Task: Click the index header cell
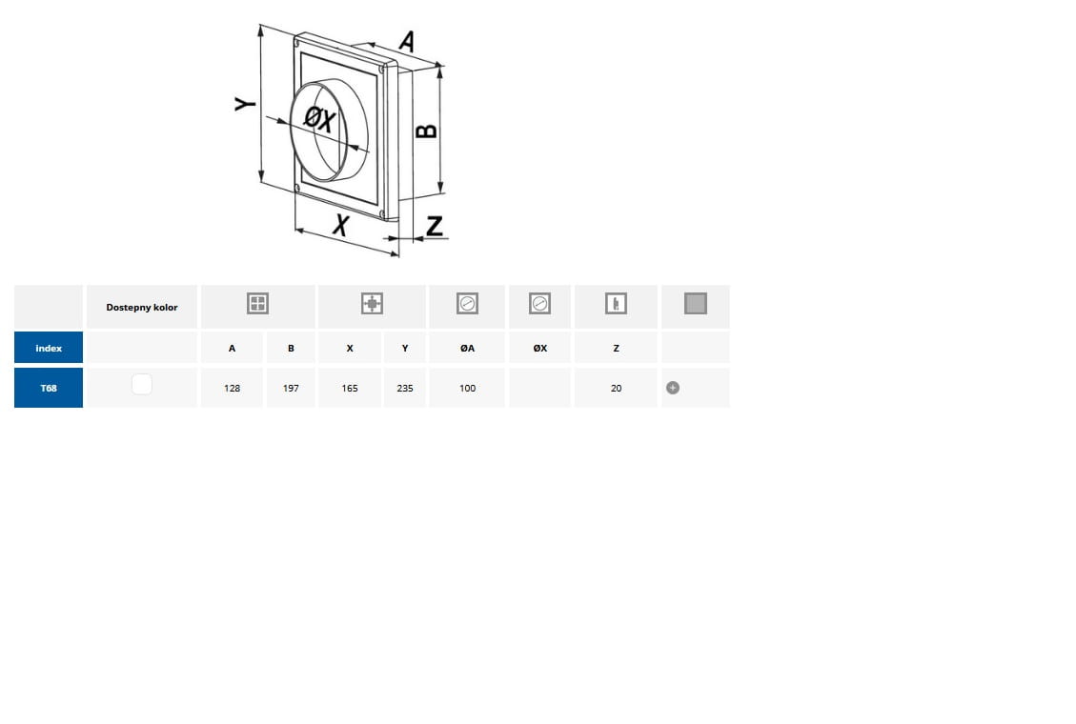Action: [x=49, y=348]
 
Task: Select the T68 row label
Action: [x=49, y=388]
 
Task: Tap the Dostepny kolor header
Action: [x=142, y=307]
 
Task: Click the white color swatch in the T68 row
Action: [x=142, y=384]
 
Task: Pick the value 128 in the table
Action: [x=232, y=388]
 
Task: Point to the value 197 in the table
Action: [x=291, y=388]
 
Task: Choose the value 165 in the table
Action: [x=350, y=388]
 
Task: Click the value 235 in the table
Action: [x=405, y=388]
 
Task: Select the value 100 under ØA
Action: [x=467, y=388]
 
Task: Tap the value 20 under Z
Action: [x=617, y=388]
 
